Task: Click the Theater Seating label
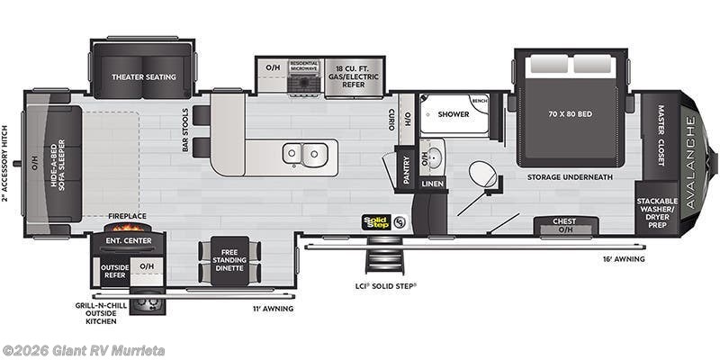pos(142,77)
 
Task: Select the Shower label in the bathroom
pos(454,114)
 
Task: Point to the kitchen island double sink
pos(303,154)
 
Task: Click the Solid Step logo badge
pos(374,220)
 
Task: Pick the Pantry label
pos(406,170)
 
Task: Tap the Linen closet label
pos(432,184)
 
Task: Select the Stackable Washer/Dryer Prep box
pos(657,209)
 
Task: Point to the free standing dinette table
pos(229,261)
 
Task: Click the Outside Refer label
pos(113,272)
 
